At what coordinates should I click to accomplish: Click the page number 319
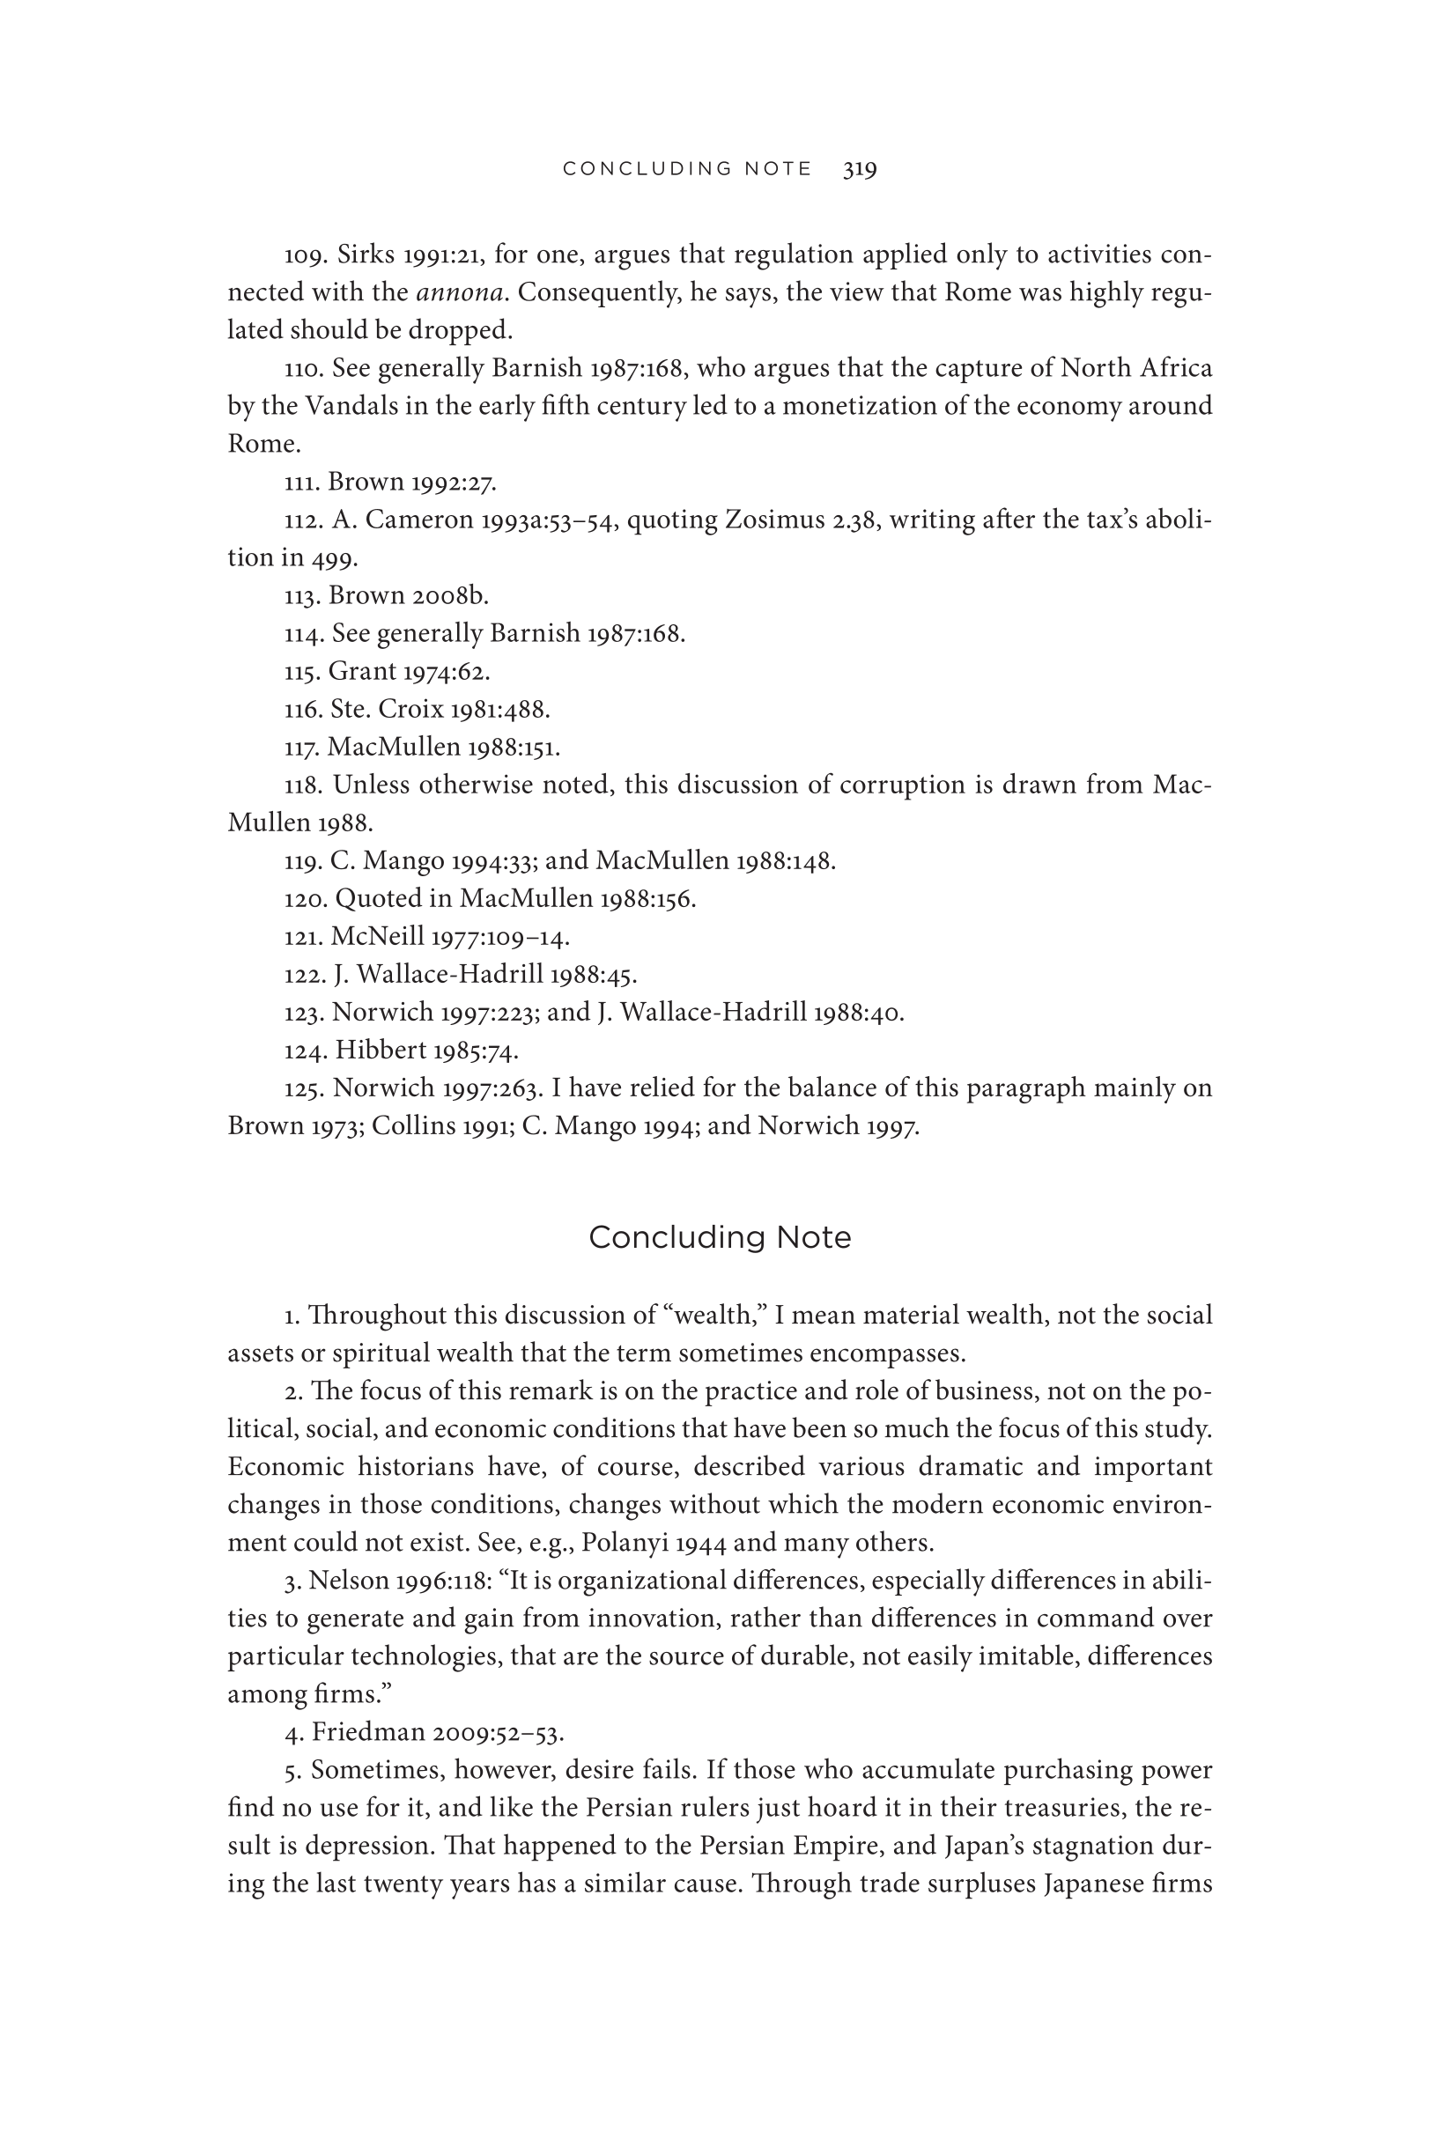[860, 169]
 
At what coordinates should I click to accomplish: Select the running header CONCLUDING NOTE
[687, 169]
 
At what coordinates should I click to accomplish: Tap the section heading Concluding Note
[719, 1237]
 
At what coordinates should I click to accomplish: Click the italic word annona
[460, 292]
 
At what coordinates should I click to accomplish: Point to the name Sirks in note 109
[366, 254]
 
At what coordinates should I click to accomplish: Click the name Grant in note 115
[361, 672]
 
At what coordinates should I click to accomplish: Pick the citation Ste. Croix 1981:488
[440, 710]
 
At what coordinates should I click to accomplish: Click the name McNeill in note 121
[377, 937]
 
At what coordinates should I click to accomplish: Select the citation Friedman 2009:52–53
[438, 1733]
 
